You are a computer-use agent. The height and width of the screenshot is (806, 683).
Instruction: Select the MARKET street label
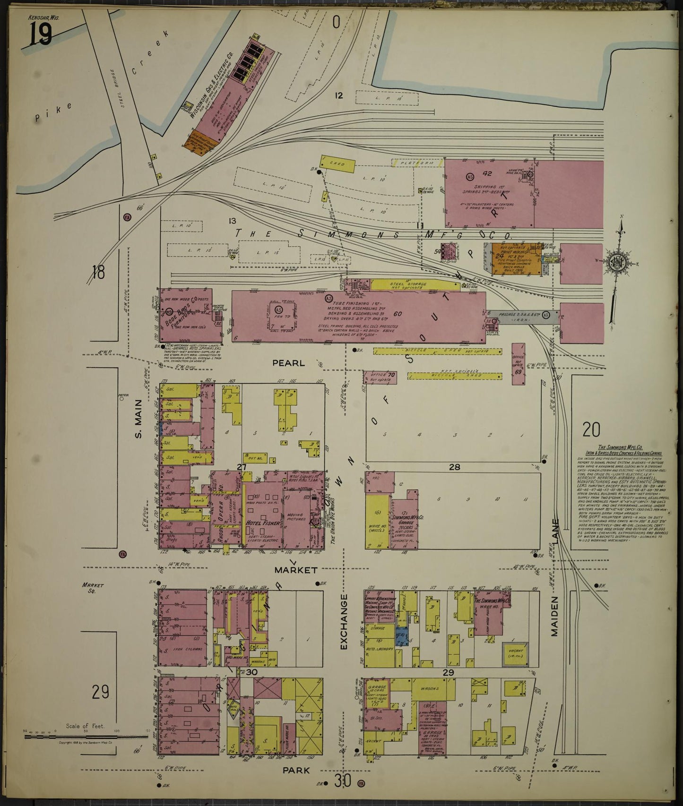click(x=297, y=571)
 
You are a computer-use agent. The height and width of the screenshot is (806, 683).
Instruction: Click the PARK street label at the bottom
click(x=296, y=770)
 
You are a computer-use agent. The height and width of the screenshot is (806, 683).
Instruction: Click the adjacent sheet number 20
click(x=591, y=429)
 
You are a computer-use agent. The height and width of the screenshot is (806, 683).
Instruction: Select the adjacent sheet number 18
click(x=98, y=273)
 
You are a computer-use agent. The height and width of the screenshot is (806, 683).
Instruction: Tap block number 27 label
click(x=242, y=467)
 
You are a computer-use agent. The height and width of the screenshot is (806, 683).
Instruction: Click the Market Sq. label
click(x=92, y=588)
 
